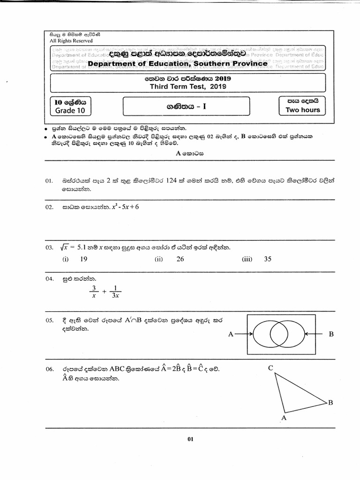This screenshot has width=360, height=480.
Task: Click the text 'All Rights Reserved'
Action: [71, 41]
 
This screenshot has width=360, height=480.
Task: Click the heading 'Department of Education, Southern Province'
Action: [178, 63]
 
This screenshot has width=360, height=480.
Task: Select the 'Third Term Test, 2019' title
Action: [187, 87]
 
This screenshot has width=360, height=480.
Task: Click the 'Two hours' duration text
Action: [303, 110]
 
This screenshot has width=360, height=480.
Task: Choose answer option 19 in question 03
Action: [84, 259]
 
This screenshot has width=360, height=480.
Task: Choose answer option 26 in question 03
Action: [180, 259]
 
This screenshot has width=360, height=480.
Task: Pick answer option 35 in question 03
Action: [268, 259]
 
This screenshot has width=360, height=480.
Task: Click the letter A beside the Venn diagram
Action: [230, 334]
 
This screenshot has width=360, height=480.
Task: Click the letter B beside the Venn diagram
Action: [331, 334]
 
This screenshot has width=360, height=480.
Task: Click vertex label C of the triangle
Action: [270, 368]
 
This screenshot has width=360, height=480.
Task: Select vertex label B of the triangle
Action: [330, 402]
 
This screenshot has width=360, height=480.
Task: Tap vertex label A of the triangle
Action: [284, 417]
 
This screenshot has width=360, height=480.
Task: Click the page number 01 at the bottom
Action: [190, 439]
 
